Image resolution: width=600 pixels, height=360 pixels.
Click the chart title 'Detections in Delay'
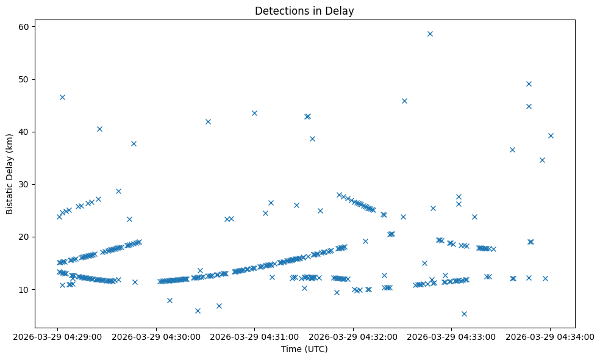[304, 11]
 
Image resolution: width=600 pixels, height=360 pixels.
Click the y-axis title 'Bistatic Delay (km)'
[10, 173]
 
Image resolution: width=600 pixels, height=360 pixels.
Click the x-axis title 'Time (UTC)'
[304, 349]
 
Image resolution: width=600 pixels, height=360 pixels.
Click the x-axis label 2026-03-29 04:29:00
[58, 336]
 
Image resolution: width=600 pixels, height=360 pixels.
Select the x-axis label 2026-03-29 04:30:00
[156, 336]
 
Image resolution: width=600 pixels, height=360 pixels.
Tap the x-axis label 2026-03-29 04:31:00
[255, 336]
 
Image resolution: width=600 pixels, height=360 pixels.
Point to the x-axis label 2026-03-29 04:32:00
[353, 336]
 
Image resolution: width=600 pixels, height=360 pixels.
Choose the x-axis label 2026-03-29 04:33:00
[452, 336]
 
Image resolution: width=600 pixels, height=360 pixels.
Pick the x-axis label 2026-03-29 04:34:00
[550, 336]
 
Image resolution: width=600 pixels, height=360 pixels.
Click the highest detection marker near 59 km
[430, 34]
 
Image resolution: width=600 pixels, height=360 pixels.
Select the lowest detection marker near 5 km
[464, 314]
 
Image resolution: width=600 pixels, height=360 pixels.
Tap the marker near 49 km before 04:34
[529, 84]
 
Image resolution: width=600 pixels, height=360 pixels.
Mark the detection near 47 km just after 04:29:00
[62, 97]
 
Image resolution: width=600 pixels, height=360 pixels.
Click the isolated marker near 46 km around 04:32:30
[404, 101]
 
